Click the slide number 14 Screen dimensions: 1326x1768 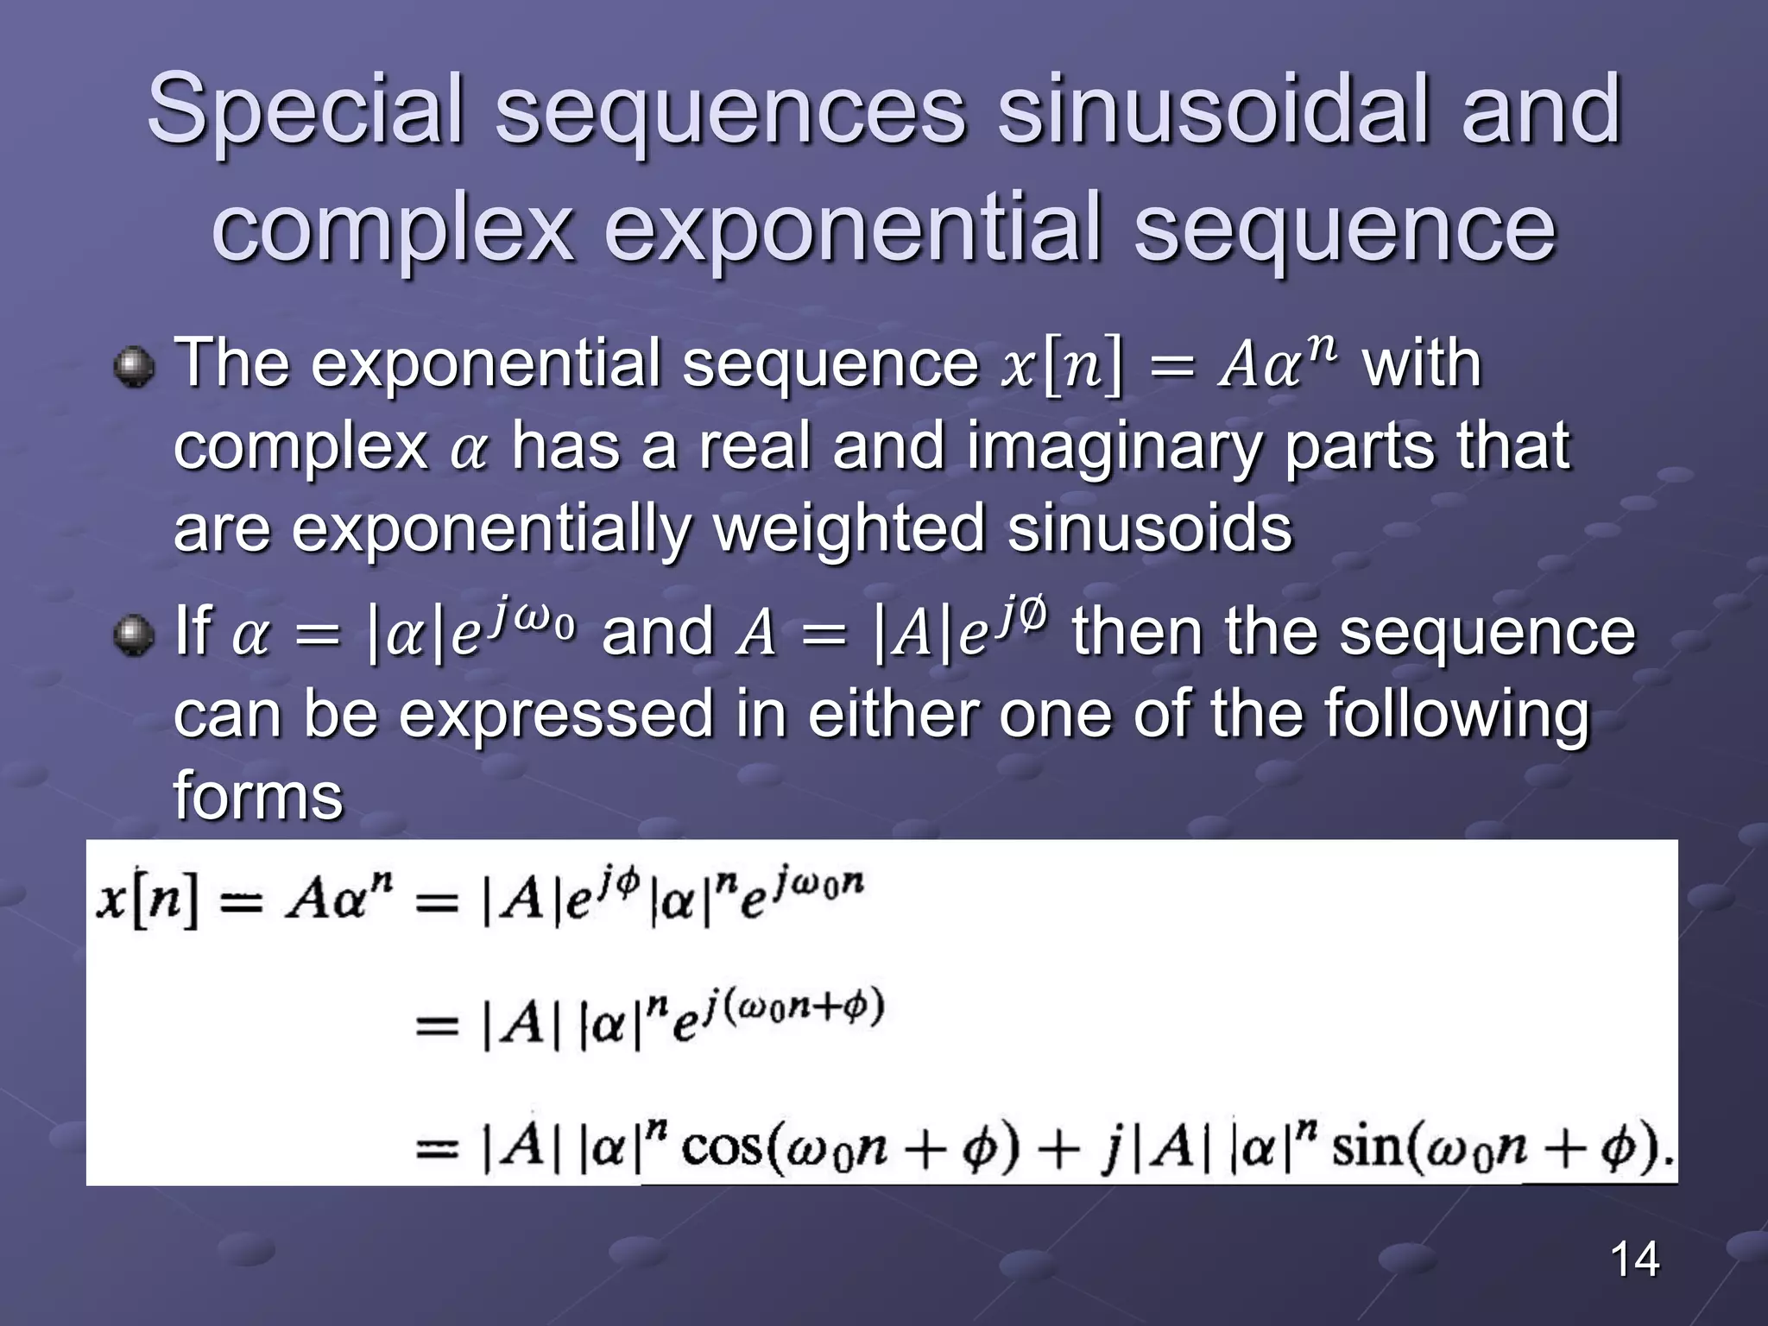click(1634, 1260)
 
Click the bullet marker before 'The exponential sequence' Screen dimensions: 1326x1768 click(134, 368)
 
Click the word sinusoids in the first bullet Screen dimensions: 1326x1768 click(1149, 527)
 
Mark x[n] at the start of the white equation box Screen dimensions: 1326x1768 click(147, 902)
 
